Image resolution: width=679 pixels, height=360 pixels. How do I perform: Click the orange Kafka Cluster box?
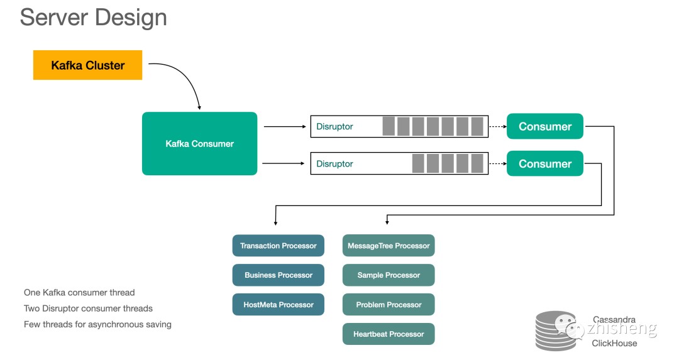tap(87, 65)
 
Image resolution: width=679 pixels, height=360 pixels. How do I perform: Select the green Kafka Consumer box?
tap(199, 143)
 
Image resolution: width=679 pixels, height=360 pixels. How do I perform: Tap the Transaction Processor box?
tap(278, 246)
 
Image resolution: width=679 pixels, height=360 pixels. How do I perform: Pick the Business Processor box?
tap(278, 275)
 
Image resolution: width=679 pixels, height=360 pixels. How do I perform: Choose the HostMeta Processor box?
tap(278, 305)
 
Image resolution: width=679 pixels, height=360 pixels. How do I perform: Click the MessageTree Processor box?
tap(389, 246)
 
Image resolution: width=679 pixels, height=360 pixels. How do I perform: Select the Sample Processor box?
tap(389, 275)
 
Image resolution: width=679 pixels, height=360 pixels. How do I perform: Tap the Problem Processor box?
tap(389, 305)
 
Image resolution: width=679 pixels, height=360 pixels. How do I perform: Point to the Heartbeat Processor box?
tap(389, 334)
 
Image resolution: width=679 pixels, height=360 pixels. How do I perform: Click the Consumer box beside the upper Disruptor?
tap(544, 126)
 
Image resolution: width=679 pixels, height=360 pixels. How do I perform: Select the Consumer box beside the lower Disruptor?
tap(544, 163)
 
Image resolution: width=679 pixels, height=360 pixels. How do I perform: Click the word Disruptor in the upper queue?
tap(334, 126)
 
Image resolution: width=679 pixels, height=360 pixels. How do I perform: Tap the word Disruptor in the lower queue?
tap(334, 164)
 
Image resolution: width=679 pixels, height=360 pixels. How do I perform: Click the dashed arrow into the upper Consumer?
tap(497, 126)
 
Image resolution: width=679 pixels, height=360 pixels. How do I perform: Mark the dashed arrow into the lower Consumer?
tap(497, 163)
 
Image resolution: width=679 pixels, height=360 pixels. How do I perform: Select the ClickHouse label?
tap(614, 344)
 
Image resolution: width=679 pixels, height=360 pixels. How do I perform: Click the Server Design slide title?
tap(93, 17)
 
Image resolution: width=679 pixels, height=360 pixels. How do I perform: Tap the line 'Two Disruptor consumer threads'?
tap(88, 308)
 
